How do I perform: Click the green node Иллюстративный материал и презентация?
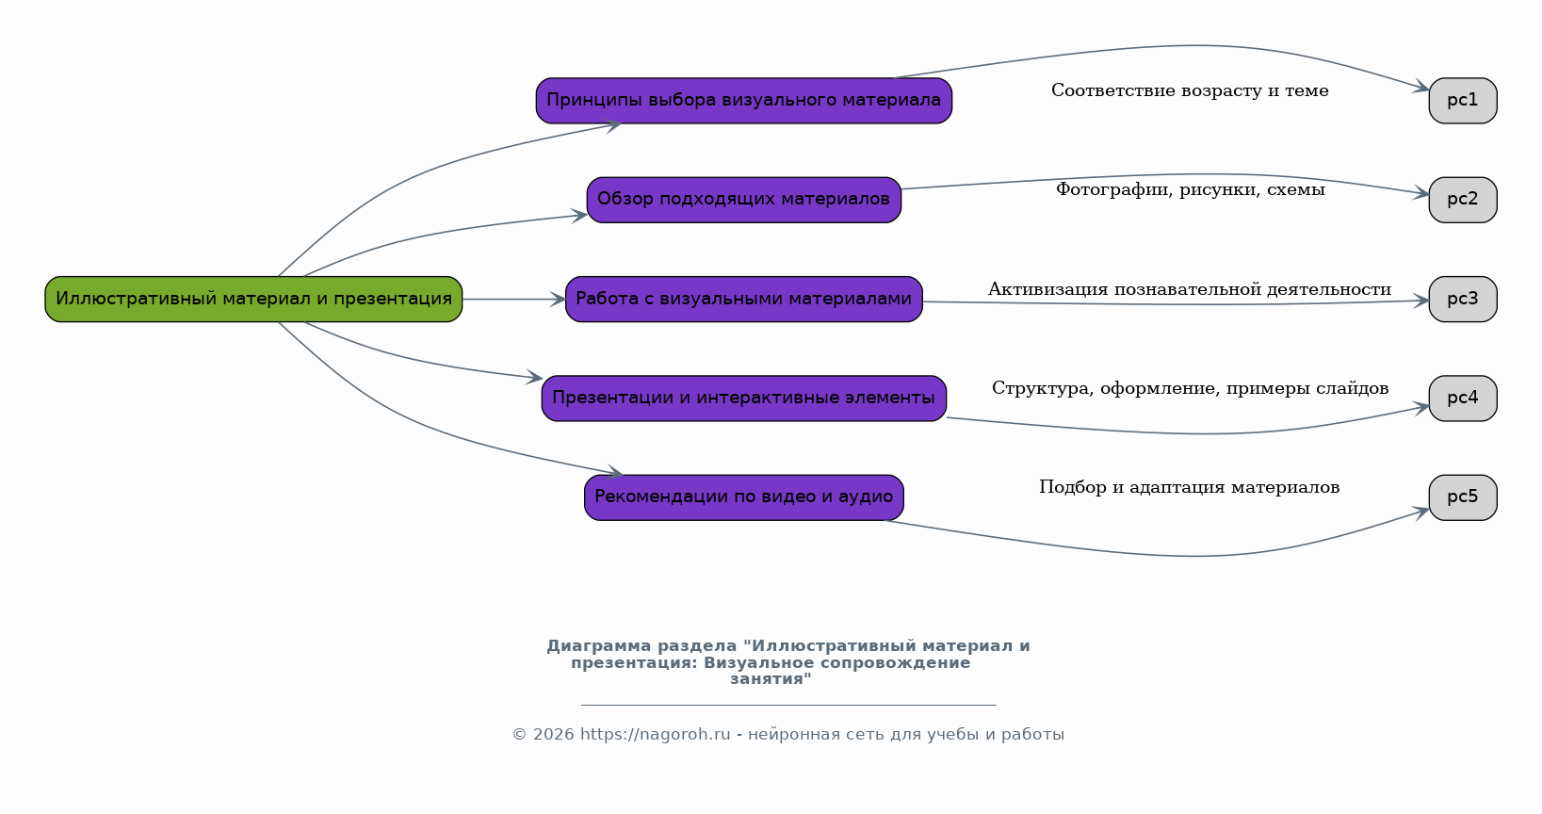tap(253, 299)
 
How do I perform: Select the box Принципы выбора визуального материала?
tap(743, 101)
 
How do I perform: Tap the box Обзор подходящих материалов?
tap(743, 200)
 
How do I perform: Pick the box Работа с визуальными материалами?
tap(743, 299)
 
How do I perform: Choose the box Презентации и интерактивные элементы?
tap(743, 398)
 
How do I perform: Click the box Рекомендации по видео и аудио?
tap(743, 497)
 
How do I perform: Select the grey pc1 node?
tap(1463, 101)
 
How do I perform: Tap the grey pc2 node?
tap(1463, 200)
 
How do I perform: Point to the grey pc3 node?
tap(1463, 299)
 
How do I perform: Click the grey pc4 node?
tap(1463, 398)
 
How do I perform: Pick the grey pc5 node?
tap(1463, 497)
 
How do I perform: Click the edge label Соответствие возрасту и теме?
tap(1190, 90)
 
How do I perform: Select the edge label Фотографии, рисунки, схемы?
tap(1191, 189)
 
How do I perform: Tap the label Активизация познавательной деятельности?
tap(1190, 289)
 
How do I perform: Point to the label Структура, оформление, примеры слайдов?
tap(1190, 388)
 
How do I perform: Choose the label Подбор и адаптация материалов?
tap(1189, 488)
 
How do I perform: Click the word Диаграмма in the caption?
tap(599, 646)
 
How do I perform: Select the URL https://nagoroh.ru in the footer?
tap(655, 734)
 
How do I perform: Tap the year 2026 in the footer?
tap(554, 734)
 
